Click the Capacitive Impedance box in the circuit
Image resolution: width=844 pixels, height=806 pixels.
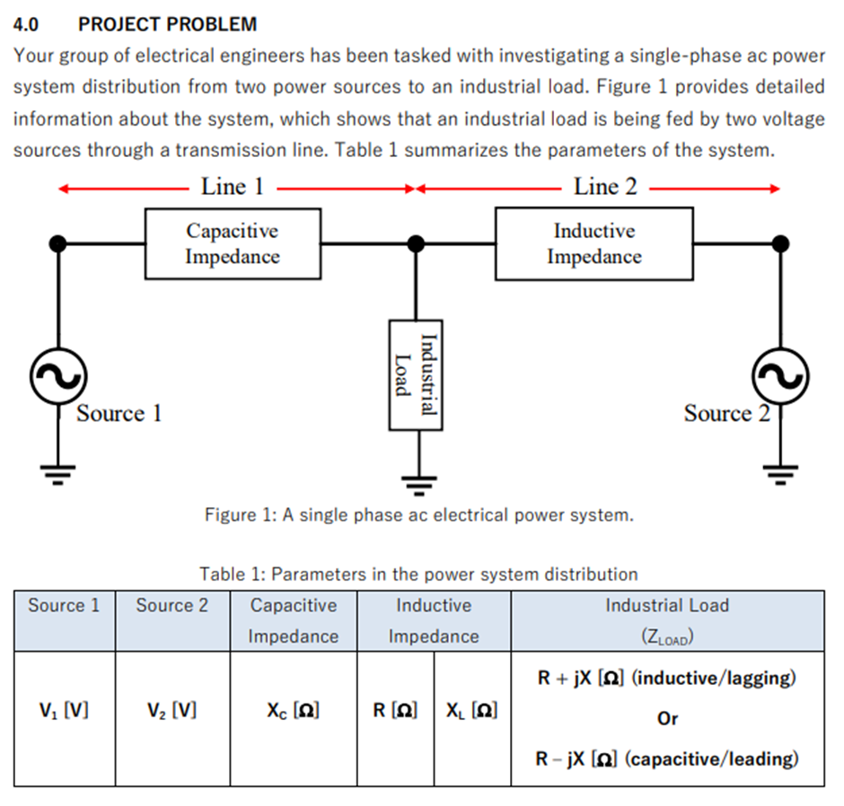233,243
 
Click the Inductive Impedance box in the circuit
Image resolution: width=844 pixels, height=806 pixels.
593,243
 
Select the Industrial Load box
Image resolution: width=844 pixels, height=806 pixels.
415,374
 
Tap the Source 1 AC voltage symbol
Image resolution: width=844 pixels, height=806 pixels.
58,377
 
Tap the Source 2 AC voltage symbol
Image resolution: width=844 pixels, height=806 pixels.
781,377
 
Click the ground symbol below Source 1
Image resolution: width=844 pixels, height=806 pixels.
58,473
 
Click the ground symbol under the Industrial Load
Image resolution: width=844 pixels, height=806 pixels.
415,485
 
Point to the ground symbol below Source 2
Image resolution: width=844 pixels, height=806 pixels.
781,473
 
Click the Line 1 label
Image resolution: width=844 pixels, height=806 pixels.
233,187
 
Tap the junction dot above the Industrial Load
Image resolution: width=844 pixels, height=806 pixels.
415,243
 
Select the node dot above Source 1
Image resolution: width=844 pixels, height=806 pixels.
58,243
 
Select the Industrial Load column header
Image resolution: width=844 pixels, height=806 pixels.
667,620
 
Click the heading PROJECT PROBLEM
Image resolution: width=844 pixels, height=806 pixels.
167,24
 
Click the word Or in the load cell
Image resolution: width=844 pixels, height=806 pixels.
667,719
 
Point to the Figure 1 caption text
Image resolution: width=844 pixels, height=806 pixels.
418,515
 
